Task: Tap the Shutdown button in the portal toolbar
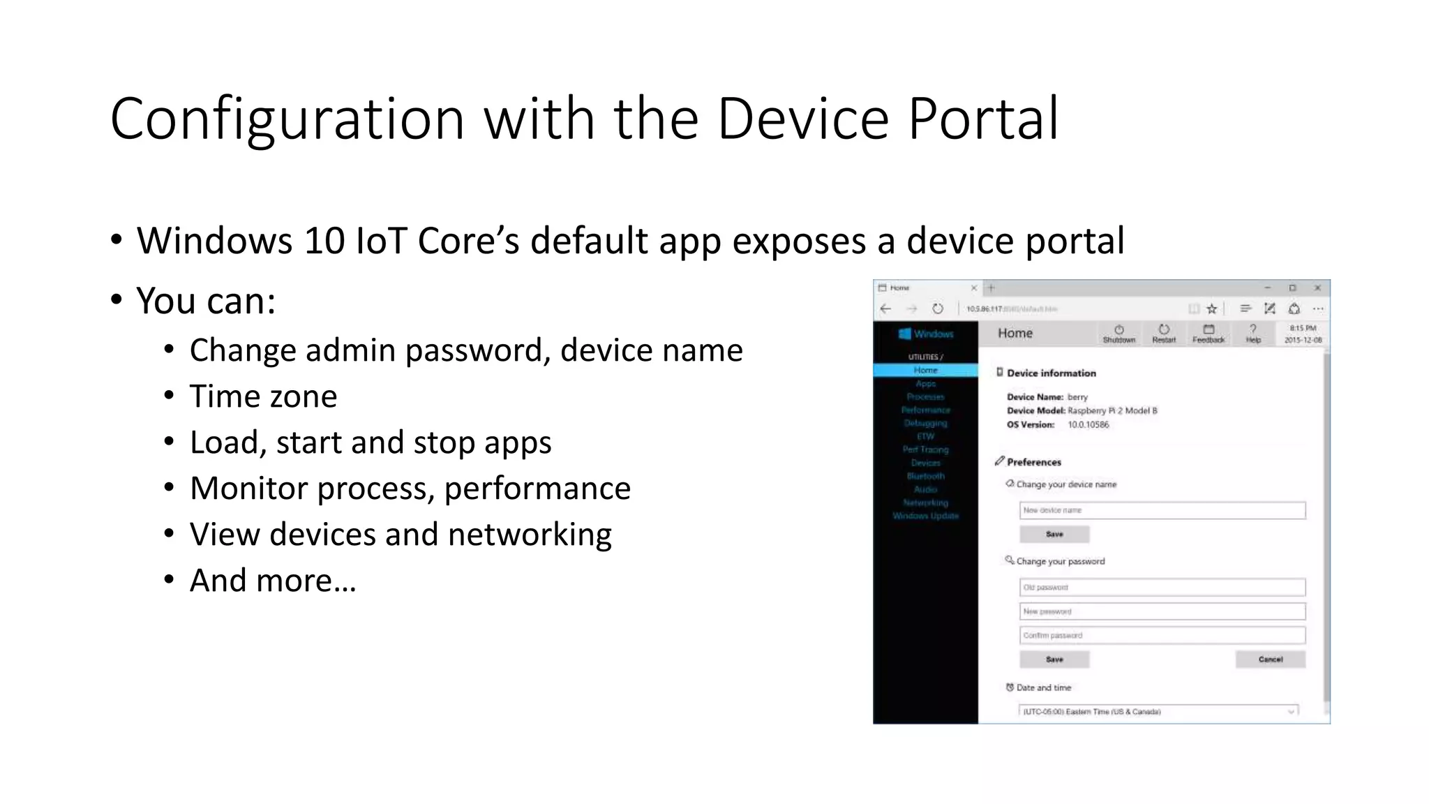[1118, 334]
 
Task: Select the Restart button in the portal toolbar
[1163, 334]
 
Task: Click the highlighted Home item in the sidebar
[925, 371]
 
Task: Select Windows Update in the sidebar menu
[925, 516]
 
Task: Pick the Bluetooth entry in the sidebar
[925, 476]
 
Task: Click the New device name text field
[1162, 510]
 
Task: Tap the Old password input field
[1162, 587]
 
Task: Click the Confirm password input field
[1162, 635]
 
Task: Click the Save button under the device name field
[1054, 534]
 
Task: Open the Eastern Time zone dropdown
[1158, 711]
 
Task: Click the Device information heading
[1051, 373]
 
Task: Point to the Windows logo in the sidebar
[905, 334]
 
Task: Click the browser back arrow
[886, 308]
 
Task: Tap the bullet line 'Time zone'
[263, 396]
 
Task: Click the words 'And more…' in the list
[273, 581]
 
